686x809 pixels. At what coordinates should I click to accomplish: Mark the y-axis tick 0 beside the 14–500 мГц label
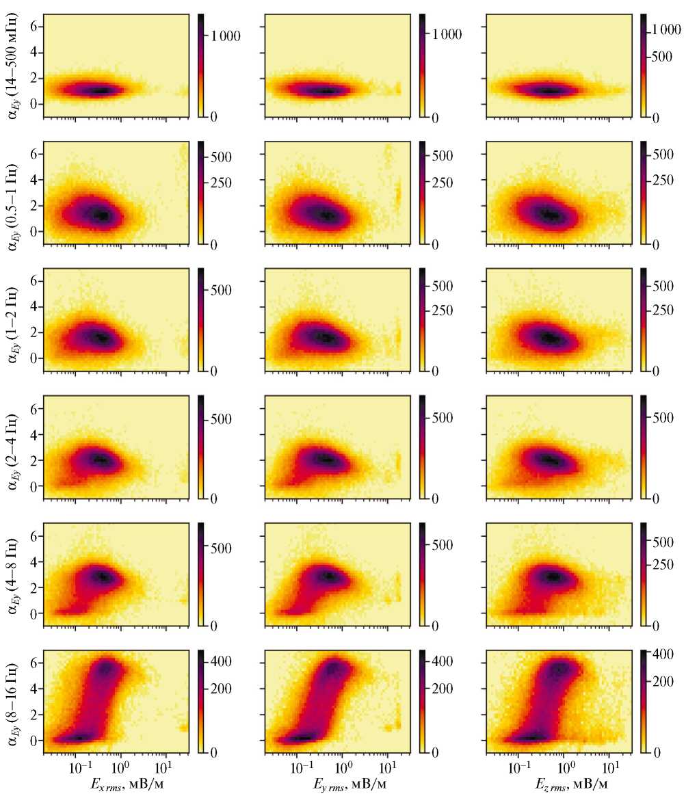tap(32, 104)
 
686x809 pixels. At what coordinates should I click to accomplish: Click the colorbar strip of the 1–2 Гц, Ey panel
tap(423, 319)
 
